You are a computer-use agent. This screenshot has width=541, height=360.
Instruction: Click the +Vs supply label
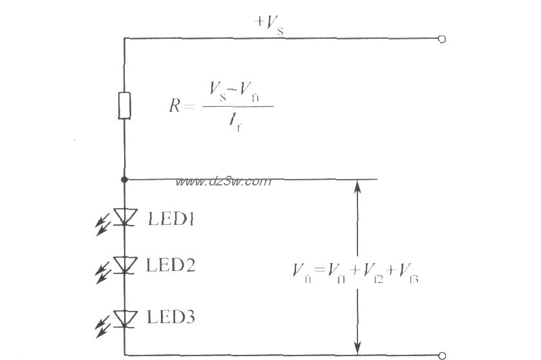(x=269, y=23)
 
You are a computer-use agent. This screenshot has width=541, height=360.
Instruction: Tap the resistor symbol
(x=124, y=105)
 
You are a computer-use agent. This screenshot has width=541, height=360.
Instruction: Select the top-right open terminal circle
(x=441, y=39)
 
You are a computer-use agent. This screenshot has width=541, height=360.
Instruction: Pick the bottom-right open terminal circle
(x=441, y=355)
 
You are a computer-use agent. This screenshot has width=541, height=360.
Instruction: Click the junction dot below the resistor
(x=124, y=180)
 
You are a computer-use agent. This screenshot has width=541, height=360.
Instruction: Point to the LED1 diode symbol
(x=124, y=217)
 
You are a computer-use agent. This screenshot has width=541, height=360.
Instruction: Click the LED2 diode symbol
(x=124, y=264)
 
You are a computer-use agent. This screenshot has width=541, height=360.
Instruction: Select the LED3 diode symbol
(x=124, y=317)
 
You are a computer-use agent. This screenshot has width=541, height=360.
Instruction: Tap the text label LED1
(x=171, y=219)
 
